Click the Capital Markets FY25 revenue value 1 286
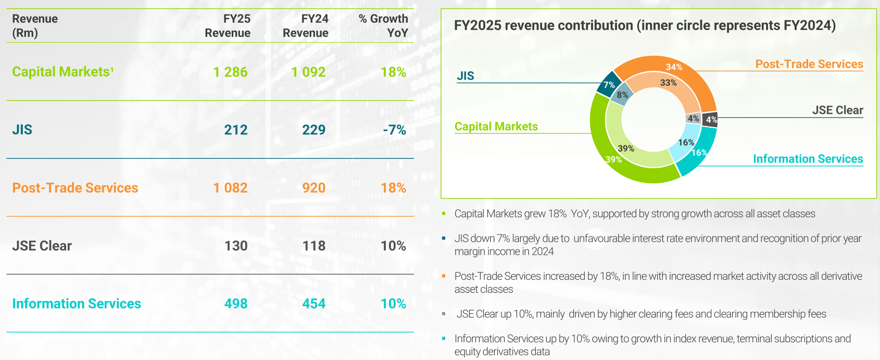click(230, 72)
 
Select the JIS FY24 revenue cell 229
click(313, 130)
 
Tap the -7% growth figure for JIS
click(394, 130)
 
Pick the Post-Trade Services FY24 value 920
click(313, 188)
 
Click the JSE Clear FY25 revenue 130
click(235, 246)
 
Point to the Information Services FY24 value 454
click(313, 304)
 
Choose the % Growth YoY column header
click(383, 26)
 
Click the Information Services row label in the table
click(77, 304)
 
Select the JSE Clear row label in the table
click(42, 246)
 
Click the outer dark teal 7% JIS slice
click(607, 86)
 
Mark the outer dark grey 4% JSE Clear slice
click(710, 120)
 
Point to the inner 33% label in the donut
click(668, 83)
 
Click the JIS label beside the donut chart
click(466, 76)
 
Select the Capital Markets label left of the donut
click(496, 127)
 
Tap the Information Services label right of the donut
click(808, 159)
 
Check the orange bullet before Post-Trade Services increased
click(444, 276)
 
